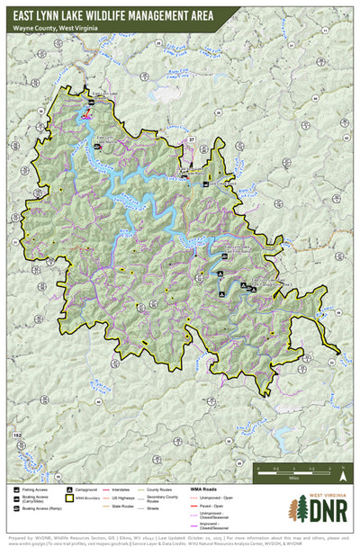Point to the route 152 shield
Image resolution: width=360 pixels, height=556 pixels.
point(17,435)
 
